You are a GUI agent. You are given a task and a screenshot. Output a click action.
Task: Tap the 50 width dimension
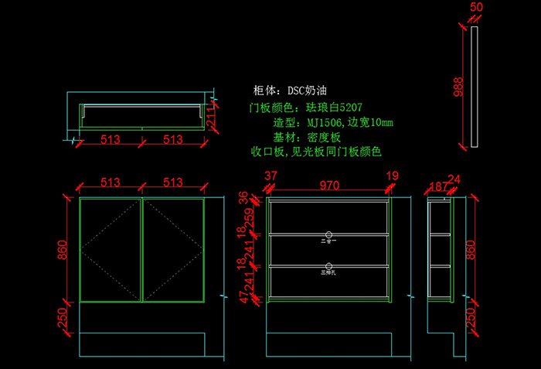click(x=476, y=7)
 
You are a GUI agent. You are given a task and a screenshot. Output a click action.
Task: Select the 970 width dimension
click(x=329, y=186)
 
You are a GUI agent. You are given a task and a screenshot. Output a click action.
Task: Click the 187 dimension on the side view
click(x=437, y=186)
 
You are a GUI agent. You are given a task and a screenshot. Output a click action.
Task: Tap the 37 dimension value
click(x=270, y=176)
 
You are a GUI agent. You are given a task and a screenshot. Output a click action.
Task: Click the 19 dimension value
click(x=392, y=176)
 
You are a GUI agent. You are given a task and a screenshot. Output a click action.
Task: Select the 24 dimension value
click(x=454, y=180)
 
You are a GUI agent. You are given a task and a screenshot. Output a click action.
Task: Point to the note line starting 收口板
click(x=316, y=152)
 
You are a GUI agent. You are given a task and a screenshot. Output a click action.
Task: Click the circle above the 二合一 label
click(x=329, y=234)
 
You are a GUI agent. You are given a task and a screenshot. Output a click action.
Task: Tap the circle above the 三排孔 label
click(x=329, y=263)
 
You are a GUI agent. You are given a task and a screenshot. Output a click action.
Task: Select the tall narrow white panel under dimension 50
click(x=475, y=87)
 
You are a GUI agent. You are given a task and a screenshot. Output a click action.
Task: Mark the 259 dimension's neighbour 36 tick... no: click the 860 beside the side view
click(x=469, y=249)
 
